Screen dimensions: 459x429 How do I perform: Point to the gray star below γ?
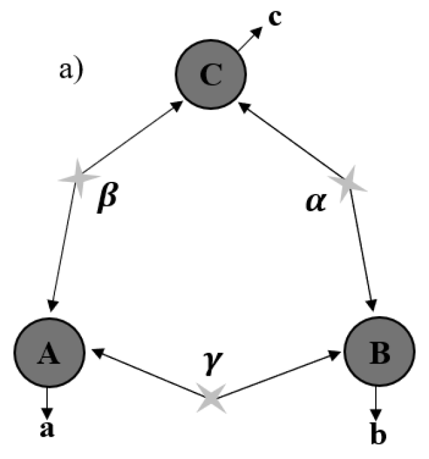pyautogui.click(x=212, y=398)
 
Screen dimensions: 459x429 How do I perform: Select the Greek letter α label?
pyautogui.click(x=314, y=201)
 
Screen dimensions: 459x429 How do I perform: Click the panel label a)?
pyautogui.click(x=68, y=70)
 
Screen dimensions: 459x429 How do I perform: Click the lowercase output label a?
pyautogui.click(x=47, y=430)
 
